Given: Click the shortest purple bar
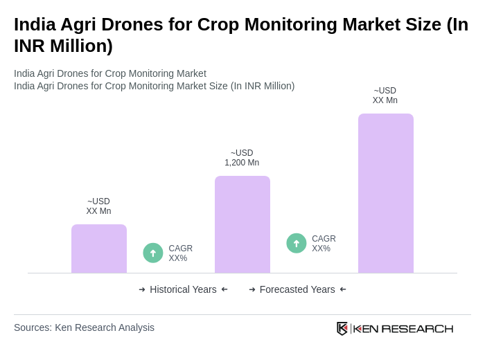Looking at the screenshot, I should click(x=99, y=249).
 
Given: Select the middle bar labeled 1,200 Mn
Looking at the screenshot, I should click(x=242, y=224).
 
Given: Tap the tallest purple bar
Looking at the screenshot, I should click(x=385, y=193).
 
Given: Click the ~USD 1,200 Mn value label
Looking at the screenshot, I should click(x=242, y=158).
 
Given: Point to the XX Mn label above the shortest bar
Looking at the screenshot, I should click(x=98, y=206).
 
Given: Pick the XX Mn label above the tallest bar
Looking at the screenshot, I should click(x=385, y=96).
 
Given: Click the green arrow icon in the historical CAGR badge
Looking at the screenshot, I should click(x=153, y=253).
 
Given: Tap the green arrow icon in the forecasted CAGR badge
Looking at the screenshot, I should click(x=297, y=243).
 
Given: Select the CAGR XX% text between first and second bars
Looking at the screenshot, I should click(x=180, y=253).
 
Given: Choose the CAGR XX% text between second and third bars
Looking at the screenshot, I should click(x=324, y=244).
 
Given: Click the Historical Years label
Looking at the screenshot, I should click(x=183, y=289).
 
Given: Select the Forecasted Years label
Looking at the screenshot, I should click(x=297, y=289).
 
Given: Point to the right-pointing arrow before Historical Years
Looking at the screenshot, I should click(x=142, y=289).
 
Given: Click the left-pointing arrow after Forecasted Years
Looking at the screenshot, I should click(x=343, y=289).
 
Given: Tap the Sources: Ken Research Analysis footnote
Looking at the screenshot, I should click(x=84, y=327).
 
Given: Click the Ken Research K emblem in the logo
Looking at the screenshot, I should click(x=342, y=328).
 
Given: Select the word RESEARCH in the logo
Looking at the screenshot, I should click(x=417, y=328).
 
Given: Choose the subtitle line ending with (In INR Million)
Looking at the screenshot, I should click(x=154, y=86).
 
